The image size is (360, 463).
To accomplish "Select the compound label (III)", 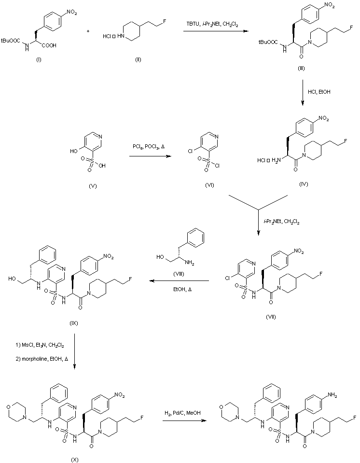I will (301, 70).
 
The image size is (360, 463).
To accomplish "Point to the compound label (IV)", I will (304, 184).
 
